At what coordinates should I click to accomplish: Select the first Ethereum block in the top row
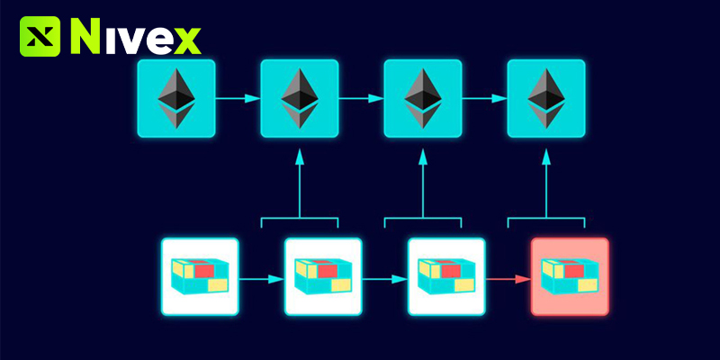click(x=176, y=98)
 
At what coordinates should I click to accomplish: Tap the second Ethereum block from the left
click(x=300, y=98)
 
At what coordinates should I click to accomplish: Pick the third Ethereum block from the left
click(x=423, y=98)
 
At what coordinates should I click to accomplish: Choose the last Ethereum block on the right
click(x=546, y=98)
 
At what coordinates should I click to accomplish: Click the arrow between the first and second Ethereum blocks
click(x=238, y=98)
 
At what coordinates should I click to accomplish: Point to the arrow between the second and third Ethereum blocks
click(x=361, y=98)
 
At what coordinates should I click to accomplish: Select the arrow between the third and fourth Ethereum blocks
click(x=484, y=98)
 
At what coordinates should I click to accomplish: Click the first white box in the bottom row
click(x=200, y=276)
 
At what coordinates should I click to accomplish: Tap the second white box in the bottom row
click(x=323, y=276)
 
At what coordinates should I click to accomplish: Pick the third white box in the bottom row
click(x=446, y=276)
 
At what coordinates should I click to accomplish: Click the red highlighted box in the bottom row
click(x=570, y=276)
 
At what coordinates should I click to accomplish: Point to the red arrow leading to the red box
click(x=508, y=279)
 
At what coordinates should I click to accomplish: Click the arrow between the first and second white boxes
click(x=261, y=279)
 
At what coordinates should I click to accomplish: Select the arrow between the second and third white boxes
click(x=384, y=279)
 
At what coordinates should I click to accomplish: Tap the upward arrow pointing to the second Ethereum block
click(x=300, y=184)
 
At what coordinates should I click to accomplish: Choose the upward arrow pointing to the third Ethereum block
click(x=423, y=184)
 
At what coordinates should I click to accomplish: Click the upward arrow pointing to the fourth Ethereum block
click(x=546, y=184)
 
